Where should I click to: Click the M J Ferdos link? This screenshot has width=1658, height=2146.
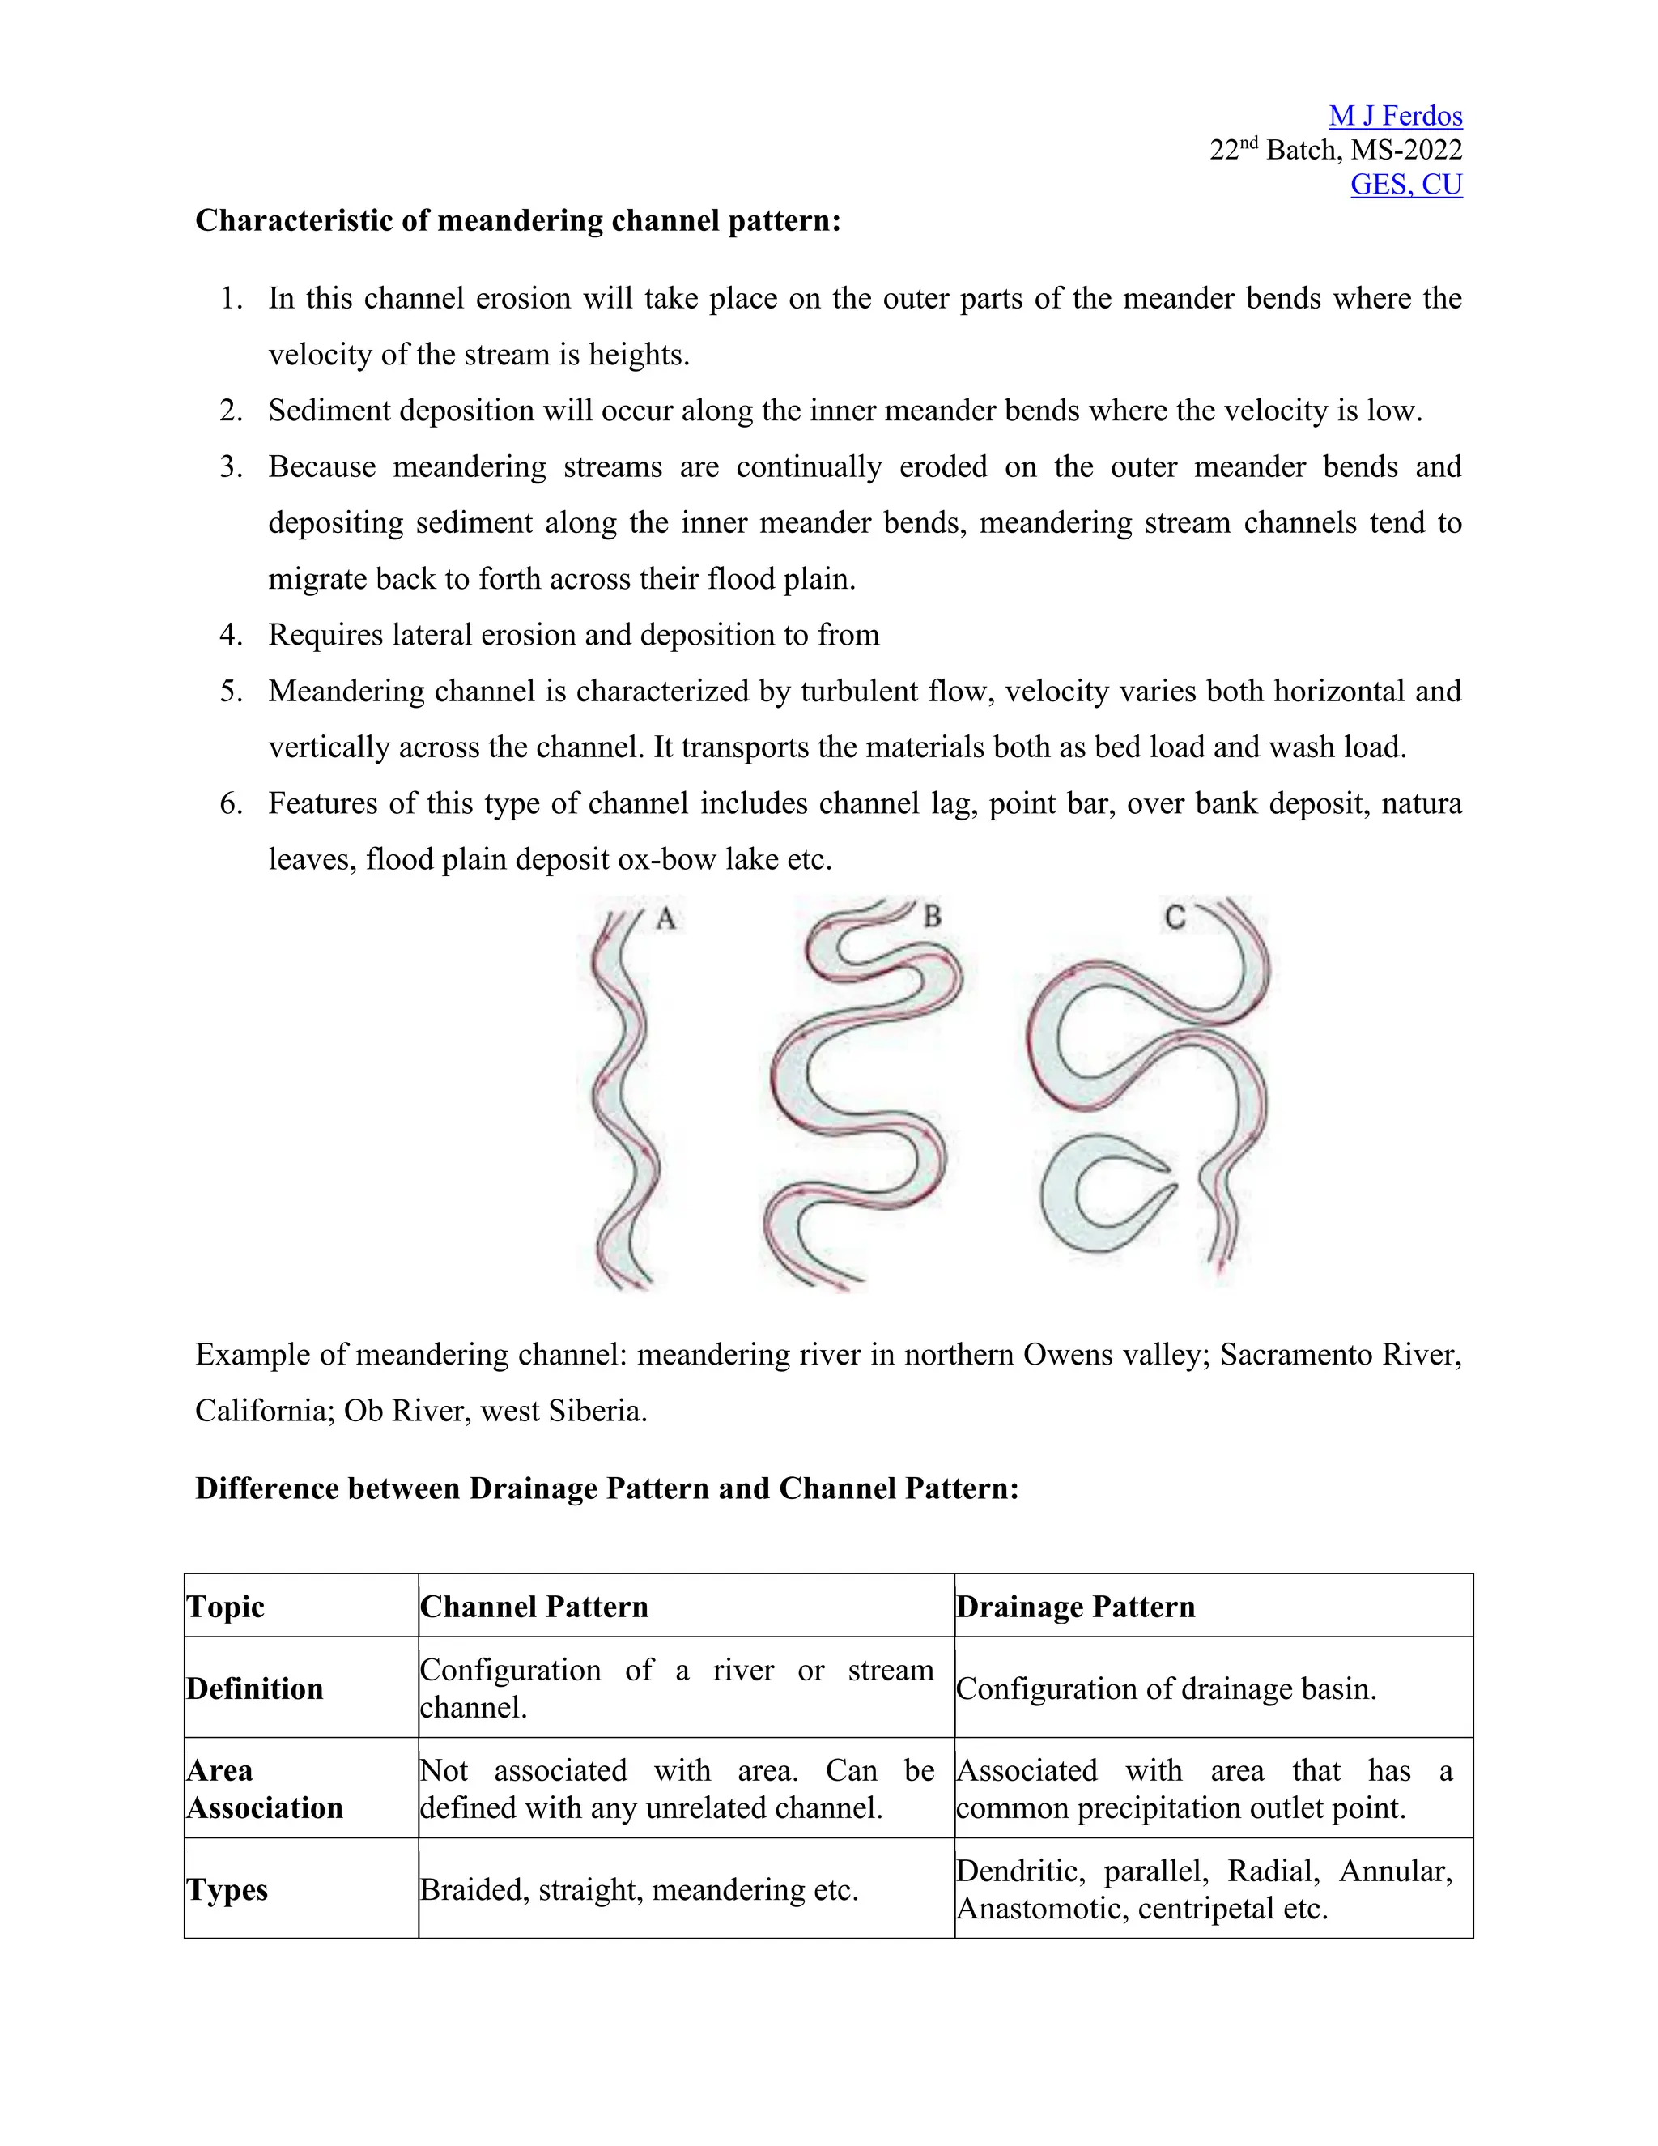1395,116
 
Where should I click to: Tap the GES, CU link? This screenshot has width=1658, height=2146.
1405,185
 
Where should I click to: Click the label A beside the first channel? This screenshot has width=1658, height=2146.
666,919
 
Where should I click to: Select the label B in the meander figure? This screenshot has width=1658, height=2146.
932,917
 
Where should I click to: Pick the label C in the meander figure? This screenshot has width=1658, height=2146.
1175,918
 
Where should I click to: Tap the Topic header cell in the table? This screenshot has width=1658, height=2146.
226,1607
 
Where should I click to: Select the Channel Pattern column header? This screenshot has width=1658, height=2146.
534,1607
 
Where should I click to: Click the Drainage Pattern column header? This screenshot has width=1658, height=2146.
1076,1607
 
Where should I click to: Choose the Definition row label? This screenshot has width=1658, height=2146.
254,1688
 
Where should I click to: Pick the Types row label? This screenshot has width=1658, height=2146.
227,1889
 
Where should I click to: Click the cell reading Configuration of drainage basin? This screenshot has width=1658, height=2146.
1166,1688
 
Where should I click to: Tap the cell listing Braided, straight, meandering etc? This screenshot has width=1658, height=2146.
639,1889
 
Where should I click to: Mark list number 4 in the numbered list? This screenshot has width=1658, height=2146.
231,635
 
